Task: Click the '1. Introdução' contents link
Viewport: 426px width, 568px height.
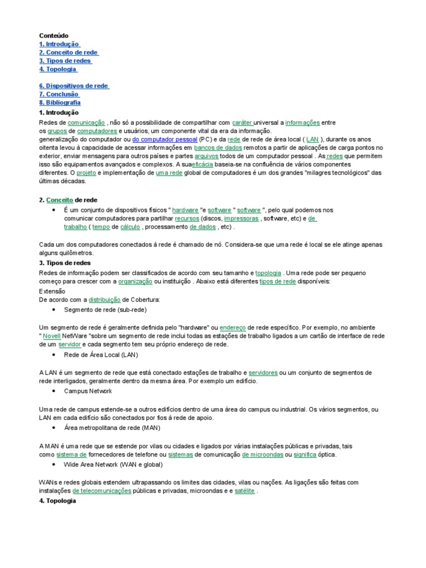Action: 59,44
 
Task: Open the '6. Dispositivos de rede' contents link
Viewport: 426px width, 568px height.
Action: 74,86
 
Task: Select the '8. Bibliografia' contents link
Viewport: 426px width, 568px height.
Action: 59,103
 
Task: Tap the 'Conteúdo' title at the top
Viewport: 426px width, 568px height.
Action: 54,35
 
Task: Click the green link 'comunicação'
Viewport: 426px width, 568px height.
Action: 86,122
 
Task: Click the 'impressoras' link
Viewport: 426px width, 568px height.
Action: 241,219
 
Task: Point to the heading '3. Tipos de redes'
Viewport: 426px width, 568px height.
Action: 65,263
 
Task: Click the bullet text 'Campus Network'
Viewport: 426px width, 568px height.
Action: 88,391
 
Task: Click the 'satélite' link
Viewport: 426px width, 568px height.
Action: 245,491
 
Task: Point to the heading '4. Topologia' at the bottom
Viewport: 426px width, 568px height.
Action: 58,500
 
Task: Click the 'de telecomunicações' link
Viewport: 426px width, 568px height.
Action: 102,491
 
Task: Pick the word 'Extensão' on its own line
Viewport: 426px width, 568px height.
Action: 52,291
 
